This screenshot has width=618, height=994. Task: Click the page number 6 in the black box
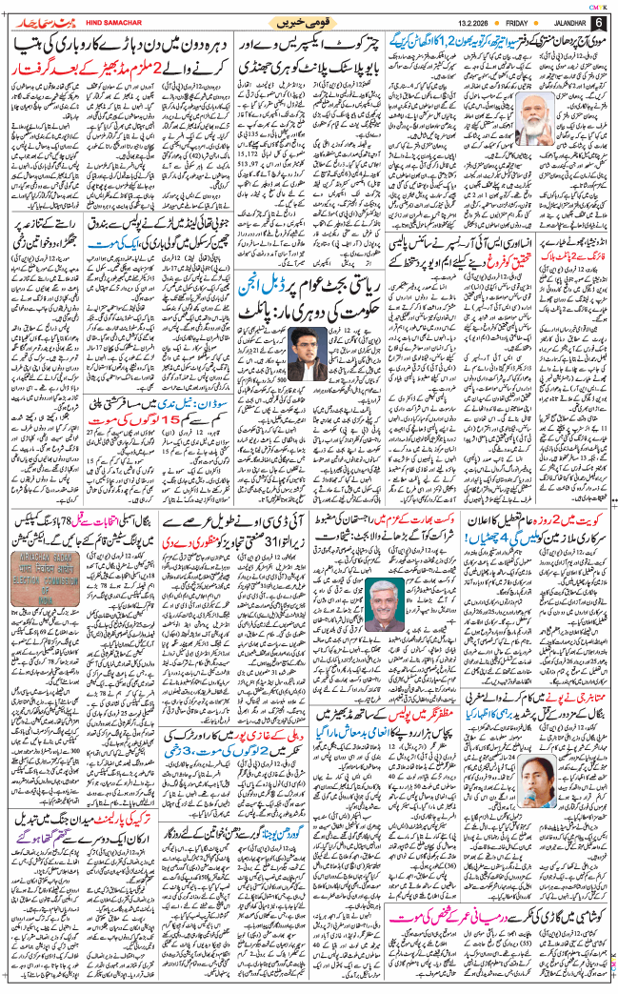point(599,21)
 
